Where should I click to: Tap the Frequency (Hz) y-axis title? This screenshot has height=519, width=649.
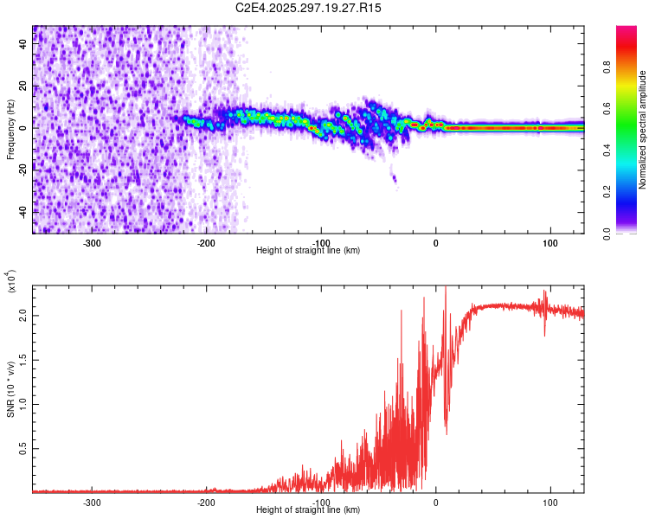[x=10, y=129]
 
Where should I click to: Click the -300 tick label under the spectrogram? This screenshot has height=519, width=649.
[x=93, y=242]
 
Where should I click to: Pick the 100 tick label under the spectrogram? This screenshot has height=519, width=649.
[x=549, y=242]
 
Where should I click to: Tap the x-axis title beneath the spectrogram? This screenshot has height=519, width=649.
[x=308, y=251]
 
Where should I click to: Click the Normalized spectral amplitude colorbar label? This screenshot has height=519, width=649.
[x=643, y=130]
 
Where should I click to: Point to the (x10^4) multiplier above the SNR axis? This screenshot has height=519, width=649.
[x=10, y=282]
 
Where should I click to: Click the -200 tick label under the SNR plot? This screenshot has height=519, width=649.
[x=207, y=502]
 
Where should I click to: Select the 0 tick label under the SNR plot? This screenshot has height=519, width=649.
[x=435, y=502]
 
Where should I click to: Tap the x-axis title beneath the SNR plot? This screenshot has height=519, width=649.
[x=308, y=510]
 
